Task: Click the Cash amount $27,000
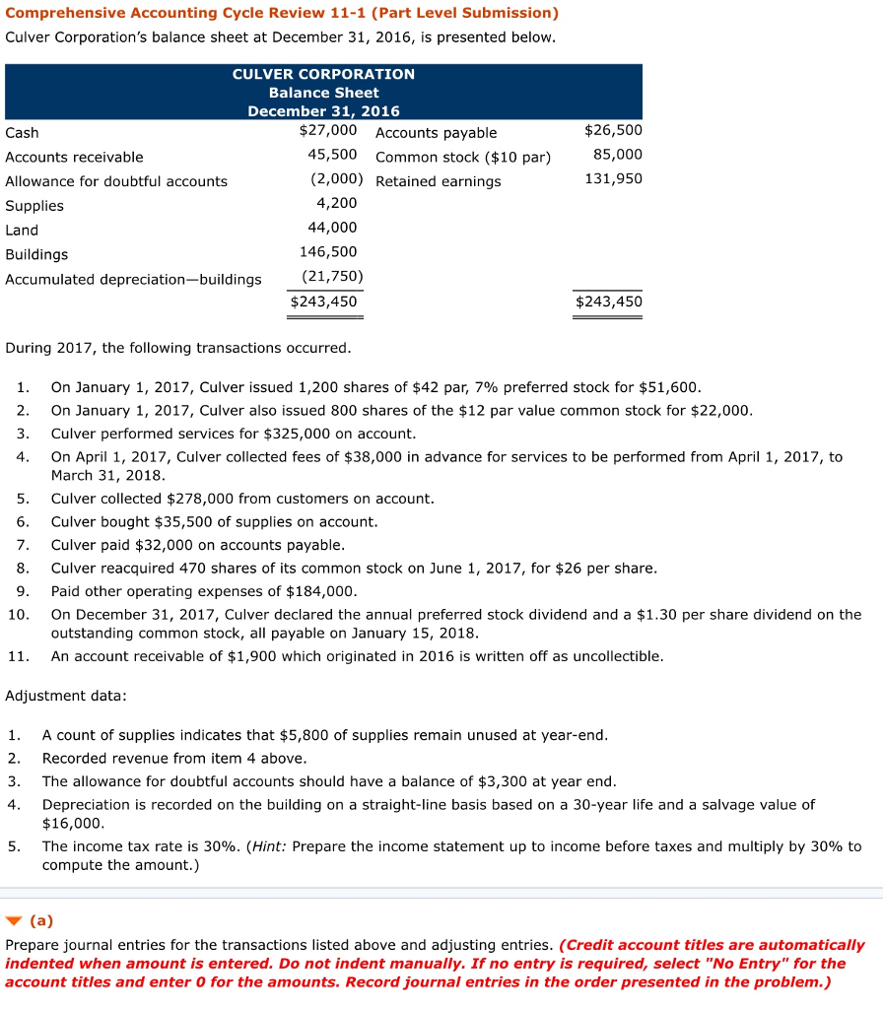pyautogui.click(x=327, y=130)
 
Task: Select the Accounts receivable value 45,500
pyautogui.click(x=332, y=155)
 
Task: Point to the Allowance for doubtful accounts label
pyautogui.click(x=116, y=181)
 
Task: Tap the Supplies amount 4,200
pyautogui.click(x=337, y=203)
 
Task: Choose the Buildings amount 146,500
pyautogui.click(x=328, y=252)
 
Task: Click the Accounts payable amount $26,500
pyautogui.click(x=613, y=130)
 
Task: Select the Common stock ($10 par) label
pyautogui.click(x=463, y=157)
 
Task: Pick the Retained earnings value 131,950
pyautogui.click(x=613, y=178)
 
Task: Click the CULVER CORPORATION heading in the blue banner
pyautogui.click(x=323, y=74)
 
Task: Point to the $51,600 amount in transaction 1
pyautogui.click(x=669, y=387)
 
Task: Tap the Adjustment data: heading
pyautogui.click(x=66, y=696)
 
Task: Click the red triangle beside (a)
pyautogui.click(x=13, y=921)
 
